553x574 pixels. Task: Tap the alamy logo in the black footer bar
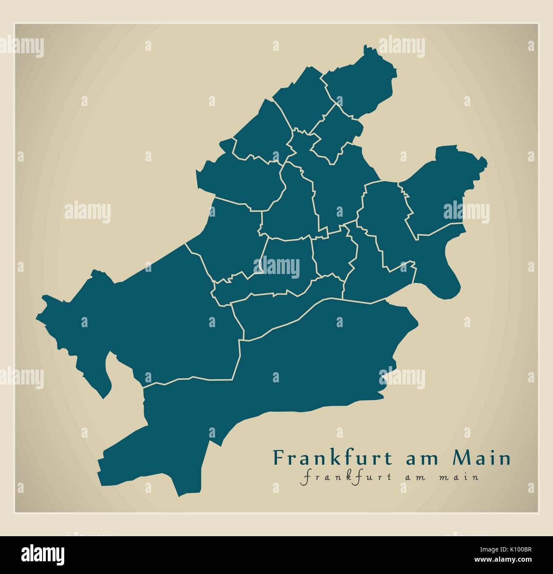click(x=43, y=554)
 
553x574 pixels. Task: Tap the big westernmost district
click(x=149, y=319)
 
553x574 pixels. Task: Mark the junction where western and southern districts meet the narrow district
click(x=241, y=340)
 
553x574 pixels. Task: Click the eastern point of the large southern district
click(x=417, y=323)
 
